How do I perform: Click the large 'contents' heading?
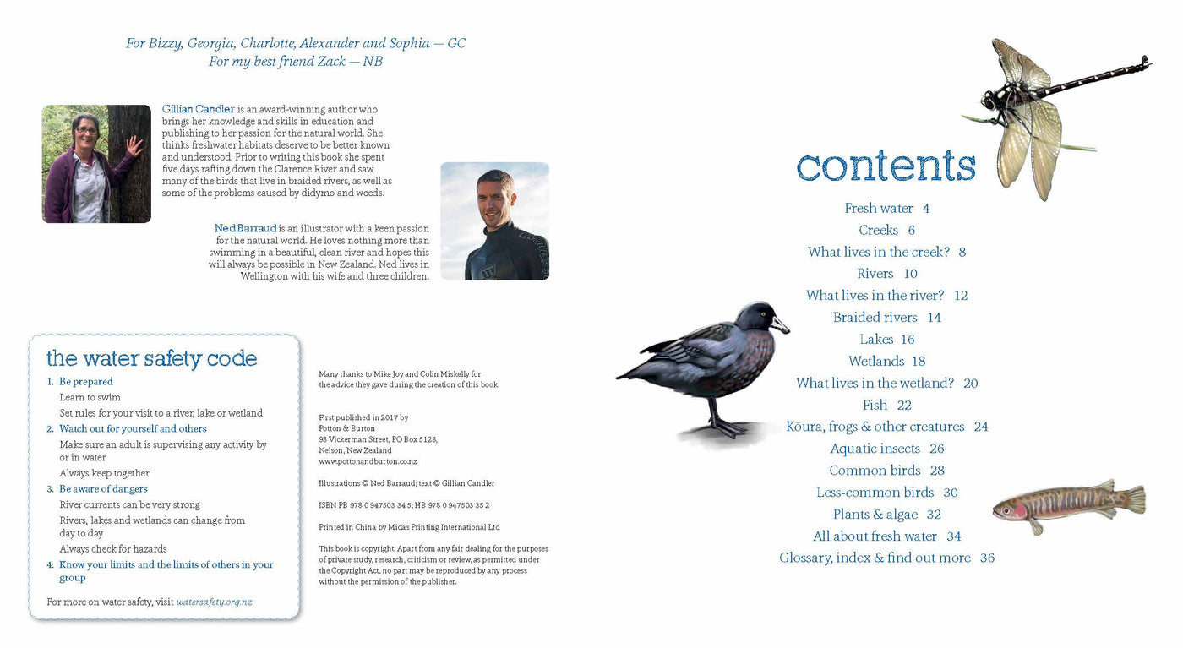886,166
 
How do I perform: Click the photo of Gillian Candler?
96,164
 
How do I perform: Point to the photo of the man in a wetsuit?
494,221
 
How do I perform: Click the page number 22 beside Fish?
904,405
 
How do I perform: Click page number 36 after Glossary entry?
987,558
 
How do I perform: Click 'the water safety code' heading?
151,358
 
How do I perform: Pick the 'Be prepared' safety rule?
85,382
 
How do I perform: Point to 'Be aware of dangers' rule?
103,489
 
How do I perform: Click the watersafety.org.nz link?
215,602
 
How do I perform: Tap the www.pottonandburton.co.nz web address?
368,462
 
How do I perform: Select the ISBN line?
403,505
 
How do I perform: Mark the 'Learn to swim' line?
90,397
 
